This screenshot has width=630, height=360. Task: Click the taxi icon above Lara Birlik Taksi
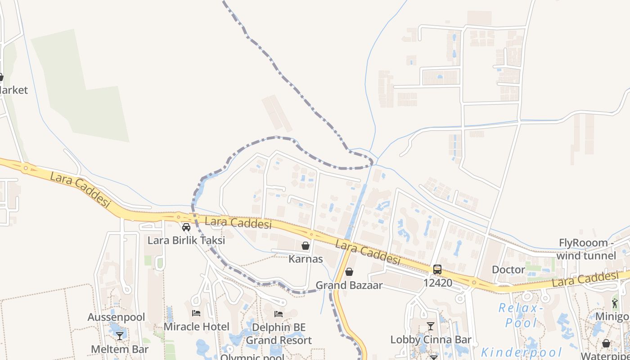click(186, 227)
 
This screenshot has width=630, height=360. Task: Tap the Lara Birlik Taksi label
click(186, 240)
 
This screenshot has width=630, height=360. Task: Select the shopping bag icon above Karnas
click(306, 246)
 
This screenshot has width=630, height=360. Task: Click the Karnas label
click(306, 259)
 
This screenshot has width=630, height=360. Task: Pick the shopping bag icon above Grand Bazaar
click(349, 272)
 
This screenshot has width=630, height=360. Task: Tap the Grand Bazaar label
click(349, 285)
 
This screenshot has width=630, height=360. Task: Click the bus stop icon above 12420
click(437, 270)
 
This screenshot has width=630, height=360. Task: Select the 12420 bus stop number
click(437, 283)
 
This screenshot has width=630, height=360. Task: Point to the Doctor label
click(508, 270)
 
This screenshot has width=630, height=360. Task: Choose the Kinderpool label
click(522, 352)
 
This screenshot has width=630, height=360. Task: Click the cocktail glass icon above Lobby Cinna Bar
click(431, 326)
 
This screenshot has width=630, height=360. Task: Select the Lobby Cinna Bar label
click(431, 339)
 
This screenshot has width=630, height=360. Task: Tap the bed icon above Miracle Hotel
click(196, 313)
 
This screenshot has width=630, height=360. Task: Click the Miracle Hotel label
click(196, 326)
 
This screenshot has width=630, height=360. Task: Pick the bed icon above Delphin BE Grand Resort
click(279, 314)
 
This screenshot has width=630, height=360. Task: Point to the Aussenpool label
click(116, 317)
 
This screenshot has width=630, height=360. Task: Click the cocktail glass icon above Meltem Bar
click(120, 336)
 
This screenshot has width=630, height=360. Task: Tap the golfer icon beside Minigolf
click(615, 303)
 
